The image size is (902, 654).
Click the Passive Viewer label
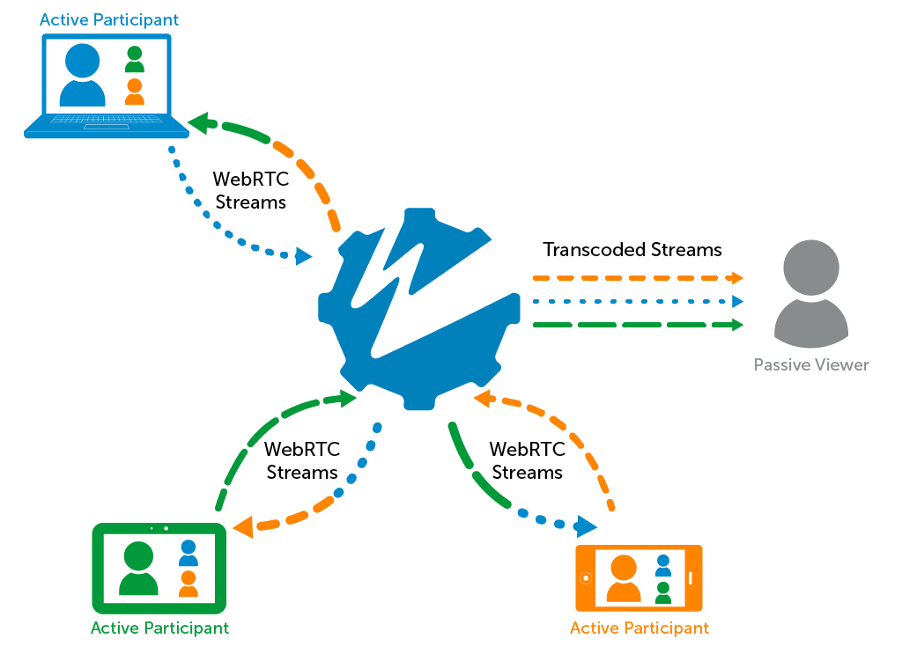coord(810,364)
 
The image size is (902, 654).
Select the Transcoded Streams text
coord(632,250)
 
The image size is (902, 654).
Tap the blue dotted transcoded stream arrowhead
coord(736,302)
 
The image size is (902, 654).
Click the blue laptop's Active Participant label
coord(109,19)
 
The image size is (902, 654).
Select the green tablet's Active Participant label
coord(159,628)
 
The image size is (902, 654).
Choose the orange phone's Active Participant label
coord(639,628)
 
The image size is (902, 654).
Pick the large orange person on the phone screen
coord(623,578)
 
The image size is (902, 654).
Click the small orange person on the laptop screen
coord(134,92)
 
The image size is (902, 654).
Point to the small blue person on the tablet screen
coord(189,553)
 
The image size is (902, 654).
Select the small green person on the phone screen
coord(663,592)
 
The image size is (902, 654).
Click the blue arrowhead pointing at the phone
coord(585,527)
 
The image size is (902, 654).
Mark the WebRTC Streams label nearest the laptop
coord(251,190)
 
